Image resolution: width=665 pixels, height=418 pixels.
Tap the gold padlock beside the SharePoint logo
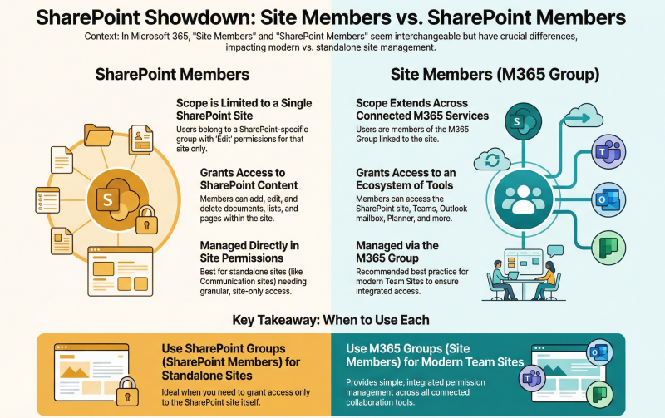point(147,220)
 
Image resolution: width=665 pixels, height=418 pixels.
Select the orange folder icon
point(98,135)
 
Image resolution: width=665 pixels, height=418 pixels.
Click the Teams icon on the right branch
point(608,152)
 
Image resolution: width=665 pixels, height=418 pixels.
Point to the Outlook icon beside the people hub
point(608,199)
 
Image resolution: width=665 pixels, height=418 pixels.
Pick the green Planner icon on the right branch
point(608,248)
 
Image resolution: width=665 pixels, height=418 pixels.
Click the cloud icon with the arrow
point(584,116)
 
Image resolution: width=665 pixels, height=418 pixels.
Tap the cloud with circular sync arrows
point(492,160)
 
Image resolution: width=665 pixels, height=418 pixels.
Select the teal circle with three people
point(524,199)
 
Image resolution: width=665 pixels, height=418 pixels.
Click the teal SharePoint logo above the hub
point(524,121)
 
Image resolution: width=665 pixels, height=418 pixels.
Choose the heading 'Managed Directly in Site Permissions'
point(249,252)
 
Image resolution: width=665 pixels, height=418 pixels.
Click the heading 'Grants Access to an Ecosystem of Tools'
point(406,179)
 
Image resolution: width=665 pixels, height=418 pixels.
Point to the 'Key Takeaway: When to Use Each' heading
point(331,320)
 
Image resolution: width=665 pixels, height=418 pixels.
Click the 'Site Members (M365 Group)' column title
point(495,75)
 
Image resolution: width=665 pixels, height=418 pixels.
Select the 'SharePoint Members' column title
point(172,75)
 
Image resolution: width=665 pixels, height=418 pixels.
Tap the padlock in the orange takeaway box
point(127,392)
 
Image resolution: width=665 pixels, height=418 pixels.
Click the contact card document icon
point(140,140)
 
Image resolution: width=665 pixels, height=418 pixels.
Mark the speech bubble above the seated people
point(555,251)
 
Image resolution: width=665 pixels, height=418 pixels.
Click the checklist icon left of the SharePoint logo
point(47,199)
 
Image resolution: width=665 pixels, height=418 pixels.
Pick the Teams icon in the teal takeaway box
point(532,378)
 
